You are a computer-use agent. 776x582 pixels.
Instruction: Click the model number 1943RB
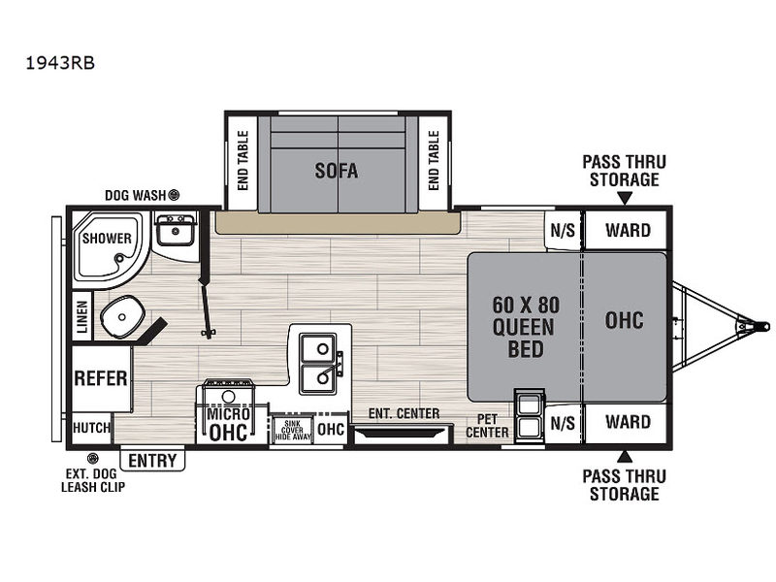click(60, 63)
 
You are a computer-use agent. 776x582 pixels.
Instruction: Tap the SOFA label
click(337, 171)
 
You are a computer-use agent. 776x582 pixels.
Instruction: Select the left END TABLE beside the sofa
click(242, 160)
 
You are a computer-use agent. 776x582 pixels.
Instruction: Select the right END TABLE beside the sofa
click(434, 160)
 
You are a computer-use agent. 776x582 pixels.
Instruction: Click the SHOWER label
click(107, 239)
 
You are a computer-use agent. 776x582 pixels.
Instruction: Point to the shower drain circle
click(118, 258)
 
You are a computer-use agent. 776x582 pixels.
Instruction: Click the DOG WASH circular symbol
click(174, 195)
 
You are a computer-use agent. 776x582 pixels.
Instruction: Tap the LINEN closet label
click(82, 317)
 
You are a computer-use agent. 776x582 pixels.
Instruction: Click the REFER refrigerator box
click(102, 378)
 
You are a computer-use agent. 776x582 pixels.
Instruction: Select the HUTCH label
click(91, 427)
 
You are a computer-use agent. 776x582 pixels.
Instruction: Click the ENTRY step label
click(152, 461)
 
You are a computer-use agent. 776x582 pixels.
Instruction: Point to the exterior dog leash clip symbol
click(92, 458)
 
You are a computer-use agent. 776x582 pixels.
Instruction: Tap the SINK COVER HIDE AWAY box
click(293, 430)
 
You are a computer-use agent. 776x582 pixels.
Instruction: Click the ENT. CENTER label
click(404, 413)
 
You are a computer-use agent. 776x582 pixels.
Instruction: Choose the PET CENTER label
click(487, 426)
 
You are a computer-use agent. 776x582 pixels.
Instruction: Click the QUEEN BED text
click(525, 339)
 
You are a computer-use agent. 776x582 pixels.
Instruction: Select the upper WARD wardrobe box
click(627, 231)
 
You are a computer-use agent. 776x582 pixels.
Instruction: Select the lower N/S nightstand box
click(564, 423)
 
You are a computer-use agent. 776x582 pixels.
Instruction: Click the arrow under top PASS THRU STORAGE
click(625, 198)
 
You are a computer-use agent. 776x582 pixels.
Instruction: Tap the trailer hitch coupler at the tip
click(760, 327)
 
